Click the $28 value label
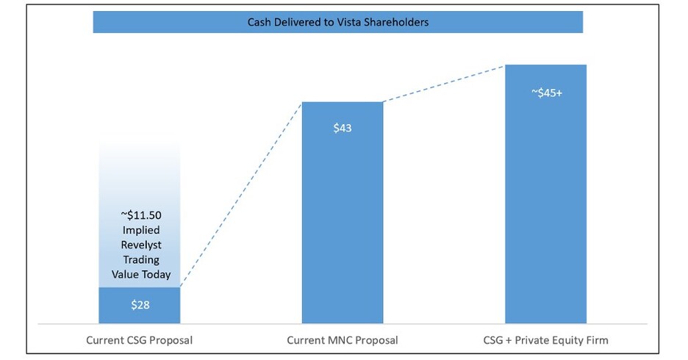coord(140,305)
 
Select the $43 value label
coord(343,128)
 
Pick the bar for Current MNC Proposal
coord(343,220)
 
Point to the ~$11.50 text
coord(140,215)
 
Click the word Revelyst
coord(140,245)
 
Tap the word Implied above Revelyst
coord(140,230)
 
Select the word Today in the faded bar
coord(155,274)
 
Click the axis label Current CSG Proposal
coord(140,340)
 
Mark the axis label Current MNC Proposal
coord(343,340)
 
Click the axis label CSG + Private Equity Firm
coord(545,340)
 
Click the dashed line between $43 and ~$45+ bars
coord(444,84)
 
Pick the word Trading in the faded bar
coord(140,259)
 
